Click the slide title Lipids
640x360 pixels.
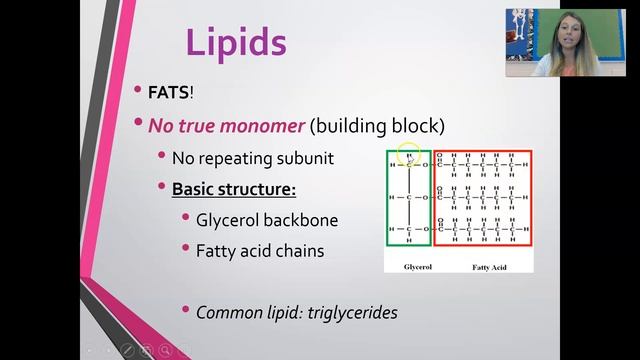click(x=236, y=43)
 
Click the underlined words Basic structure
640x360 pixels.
click(x=234, y=188)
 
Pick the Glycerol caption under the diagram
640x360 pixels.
click(x=409, y=268)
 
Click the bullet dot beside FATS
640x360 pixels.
click(x=138, y=91)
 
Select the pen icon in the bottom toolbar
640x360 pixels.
click(x=127, y=349)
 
